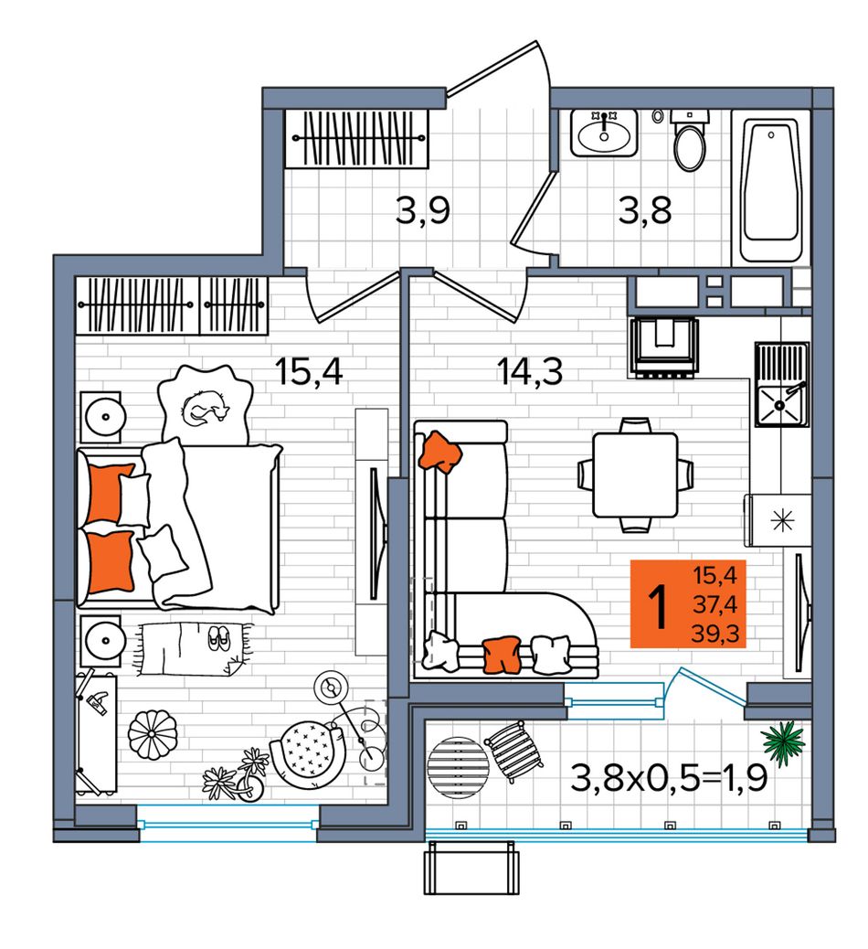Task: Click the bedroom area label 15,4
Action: click(x=309, y=371)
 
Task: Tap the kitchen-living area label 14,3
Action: click(x=530, y=371)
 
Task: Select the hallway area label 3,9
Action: click(x=422, y=211)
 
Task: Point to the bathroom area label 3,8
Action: click(x=645, y=211)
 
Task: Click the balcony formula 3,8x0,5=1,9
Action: click(x=669, y=778)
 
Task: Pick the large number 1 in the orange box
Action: click(x=659, y=606)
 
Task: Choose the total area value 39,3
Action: click(x=715, y=634)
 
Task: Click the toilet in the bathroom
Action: click(x=690, y=142)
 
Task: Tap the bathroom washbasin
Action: click(x=604, y=133)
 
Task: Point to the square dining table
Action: click(x=635, y=475)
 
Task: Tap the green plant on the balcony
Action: click(x=784, y=741)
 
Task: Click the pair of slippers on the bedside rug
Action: click(x=219, y=638)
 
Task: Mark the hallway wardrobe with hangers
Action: click(x=357, y=138)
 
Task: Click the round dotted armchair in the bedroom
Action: click(x=307, y=754)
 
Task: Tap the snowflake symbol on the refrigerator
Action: click(x=783, y=520)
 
